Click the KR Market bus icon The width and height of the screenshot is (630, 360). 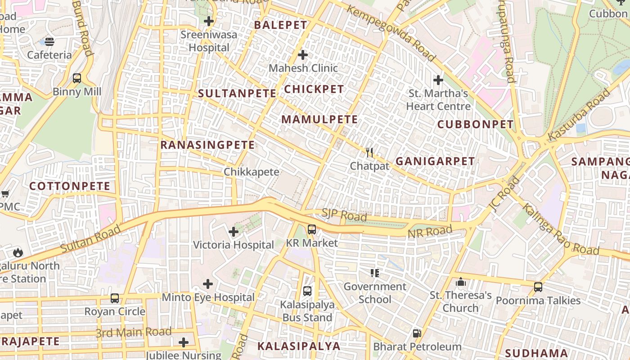point(311,229)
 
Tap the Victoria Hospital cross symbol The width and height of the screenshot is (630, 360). point(233,232)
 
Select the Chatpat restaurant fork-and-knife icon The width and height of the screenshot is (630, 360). point(369,153)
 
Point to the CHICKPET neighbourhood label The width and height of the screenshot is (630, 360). point(314,89)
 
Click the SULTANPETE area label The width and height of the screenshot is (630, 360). point(237,94)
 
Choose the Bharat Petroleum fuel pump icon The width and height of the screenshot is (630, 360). point(417,333)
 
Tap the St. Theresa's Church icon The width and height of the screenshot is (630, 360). point(460,282)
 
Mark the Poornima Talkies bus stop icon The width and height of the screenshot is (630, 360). point(538,287)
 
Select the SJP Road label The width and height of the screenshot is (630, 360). point(344,215)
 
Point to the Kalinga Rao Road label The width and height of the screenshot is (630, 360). point(560,229)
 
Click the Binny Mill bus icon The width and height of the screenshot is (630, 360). point(77,78)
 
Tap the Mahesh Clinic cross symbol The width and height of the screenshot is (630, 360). point(303,55)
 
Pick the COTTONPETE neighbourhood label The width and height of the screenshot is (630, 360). point(70,186)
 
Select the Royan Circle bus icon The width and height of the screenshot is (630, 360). point(115,298)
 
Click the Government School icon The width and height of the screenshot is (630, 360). point(375,273)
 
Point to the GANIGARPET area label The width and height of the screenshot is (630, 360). point(435,161)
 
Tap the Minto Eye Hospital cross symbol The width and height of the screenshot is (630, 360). point(207,284)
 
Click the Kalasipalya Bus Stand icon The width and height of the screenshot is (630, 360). point(307,291)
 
